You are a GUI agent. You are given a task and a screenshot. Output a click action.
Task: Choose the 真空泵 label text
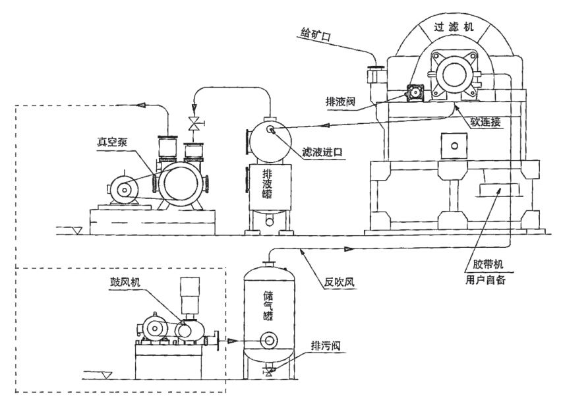[x=113, y=141]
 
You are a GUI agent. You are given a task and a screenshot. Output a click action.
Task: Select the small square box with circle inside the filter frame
[x=452, y=142]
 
